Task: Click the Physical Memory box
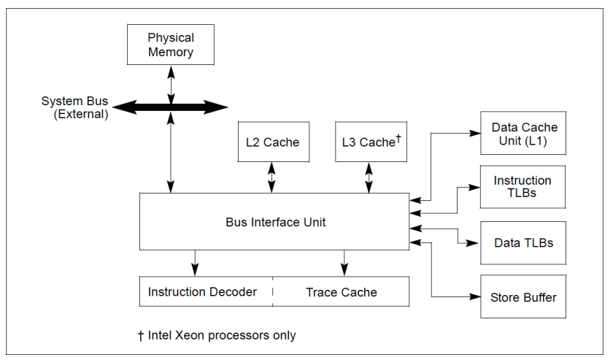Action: (x=171, y=45)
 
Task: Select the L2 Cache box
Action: (x=271, y=142)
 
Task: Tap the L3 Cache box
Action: (x=369, y=142)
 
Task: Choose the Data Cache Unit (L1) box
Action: (x=523, y=134)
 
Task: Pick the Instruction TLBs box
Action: (x=523, y=187)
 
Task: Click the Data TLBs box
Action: (x=523, y=242)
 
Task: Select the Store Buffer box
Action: (x=523, y=297)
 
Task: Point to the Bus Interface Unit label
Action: (x=274, y=222)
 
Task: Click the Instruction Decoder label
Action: (x=202, y=292)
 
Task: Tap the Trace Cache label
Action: (x=341, y=292)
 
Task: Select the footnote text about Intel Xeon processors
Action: (x=217, y=336)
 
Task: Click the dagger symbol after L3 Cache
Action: (x=399, y=137)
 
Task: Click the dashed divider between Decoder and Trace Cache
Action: (x=273, y=291)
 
